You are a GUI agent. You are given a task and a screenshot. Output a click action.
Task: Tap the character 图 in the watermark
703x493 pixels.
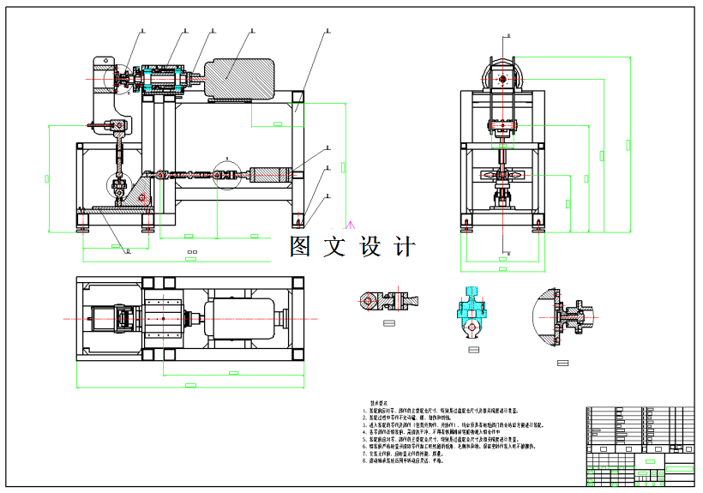300,247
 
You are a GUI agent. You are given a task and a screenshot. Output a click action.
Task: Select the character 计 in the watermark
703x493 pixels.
403,247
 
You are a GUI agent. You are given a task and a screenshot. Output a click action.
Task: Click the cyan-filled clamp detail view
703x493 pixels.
471,310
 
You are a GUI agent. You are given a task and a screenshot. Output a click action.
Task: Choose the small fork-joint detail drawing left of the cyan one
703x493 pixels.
386,300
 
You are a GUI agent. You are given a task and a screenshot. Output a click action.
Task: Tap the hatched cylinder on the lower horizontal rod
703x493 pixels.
273,177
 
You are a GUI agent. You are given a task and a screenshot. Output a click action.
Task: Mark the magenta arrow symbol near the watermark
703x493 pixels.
349,224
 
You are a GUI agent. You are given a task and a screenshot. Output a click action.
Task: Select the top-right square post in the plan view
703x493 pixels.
297,284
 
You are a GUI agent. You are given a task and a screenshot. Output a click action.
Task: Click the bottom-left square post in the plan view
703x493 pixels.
83,356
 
